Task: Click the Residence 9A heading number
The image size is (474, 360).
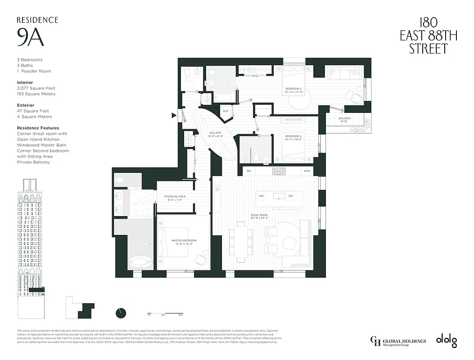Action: tap(31, 38)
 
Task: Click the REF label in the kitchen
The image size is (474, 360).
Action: tap(248, 171)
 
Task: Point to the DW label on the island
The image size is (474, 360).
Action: tap(291, 196)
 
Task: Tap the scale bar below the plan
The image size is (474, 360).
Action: tap(165, 313)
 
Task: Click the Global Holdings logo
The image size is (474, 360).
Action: tap(397, 341)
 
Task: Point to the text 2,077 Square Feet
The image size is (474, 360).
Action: tap(36, 89)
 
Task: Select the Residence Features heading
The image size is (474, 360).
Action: tap(38, 128)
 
